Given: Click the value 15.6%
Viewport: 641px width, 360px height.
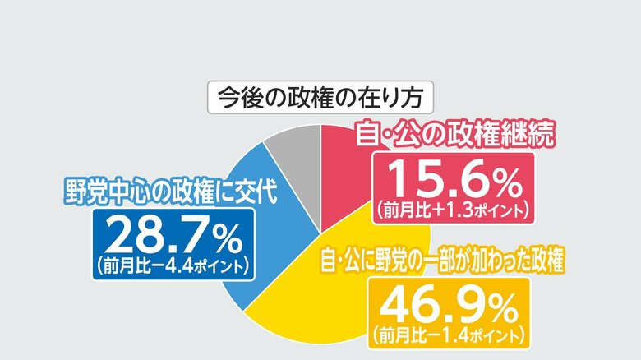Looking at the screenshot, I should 452,178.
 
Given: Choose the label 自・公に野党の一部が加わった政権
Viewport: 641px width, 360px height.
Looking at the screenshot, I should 445,263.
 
